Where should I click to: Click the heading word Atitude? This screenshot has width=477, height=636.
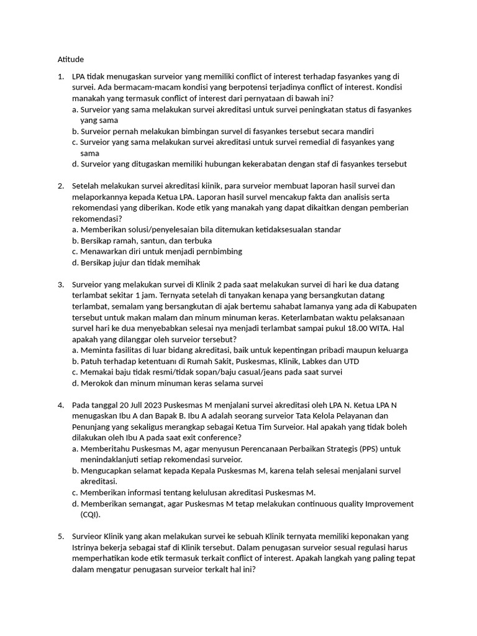click(x=71, y=59)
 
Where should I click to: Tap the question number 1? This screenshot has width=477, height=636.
click(x=60, y=76)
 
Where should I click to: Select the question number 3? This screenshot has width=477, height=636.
click(x=60, y=284)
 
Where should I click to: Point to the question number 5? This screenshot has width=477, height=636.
click(x=60, y=536)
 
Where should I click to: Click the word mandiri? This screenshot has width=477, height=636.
click(x=360, y=131)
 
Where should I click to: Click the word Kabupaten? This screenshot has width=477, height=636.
click(x=395, y=307)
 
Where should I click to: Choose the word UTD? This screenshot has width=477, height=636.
click(x=350, y=361)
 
